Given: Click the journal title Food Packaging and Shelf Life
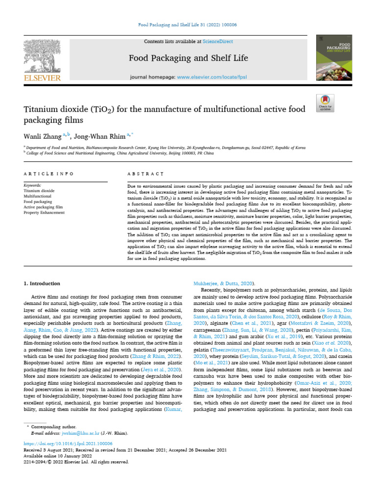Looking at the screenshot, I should pyautogui.click(x=188, y=58).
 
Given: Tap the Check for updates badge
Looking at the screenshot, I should pyautogui.click(x=325, y=101).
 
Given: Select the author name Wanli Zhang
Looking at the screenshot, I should pyautogui.click(x=45, y=135).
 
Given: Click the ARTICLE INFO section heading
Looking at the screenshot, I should pyautogui.click(x=49, y=174).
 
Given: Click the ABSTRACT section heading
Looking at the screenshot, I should pyautogui.click(x=145, y=174).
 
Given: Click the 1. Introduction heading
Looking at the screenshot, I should pyautogui.click(x=42, y=283).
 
